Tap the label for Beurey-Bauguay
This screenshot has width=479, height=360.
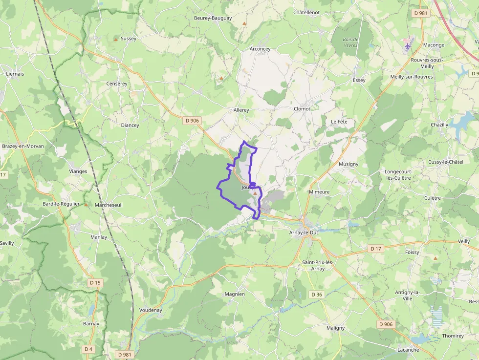click(213, 18)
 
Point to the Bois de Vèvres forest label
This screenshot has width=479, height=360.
click(350, 42)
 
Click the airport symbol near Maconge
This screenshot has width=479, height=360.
click(408, 45)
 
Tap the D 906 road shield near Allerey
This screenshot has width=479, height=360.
click(193, 121)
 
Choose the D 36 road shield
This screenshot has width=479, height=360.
click(317, 295)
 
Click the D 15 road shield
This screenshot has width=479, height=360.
click(95, 283)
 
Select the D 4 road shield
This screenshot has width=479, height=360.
click(88, 349)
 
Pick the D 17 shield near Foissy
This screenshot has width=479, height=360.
click(375, 249)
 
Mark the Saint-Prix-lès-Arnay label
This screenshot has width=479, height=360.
click(318, 266)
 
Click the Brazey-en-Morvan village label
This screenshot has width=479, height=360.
click(23, 146)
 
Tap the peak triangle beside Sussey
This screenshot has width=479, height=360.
click(116, 39)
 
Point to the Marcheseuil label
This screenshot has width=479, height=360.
click(109, 205)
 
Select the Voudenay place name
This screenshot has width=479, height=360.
click(151, 310)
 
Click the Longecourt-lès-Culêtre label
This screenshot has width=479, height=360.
click(398, 175)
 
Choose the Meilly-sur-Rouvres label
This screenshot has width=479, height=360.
click(411, 77)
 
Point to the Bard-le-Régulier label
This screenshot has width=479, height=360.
click(61, 204)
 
